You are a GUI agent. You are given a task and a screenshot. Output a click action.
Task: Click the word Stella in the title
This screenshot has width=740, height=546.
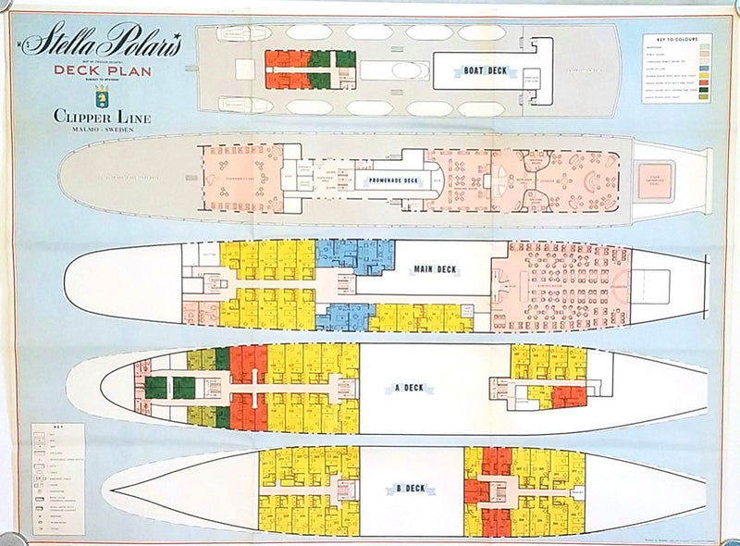pos(67,42)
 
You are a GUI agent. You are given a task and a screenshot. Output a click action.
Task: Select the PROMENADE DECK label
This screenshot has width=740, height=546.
pos(394,180)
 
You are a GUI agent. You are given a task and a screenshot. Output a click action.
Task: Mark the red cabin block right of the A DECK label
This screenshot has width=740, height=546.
pos(569,397)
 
